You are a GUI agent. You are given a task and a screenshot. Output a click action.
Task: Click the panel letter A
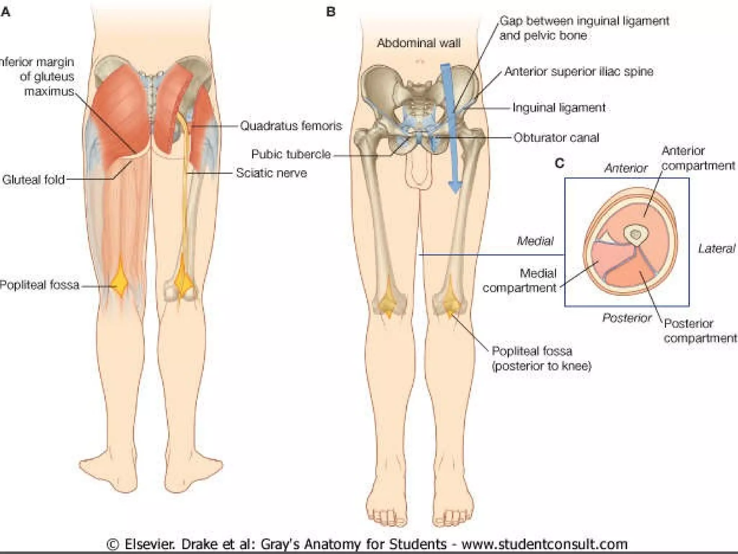5,13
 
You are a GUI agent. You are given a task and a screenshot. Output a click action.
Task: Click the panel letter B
330,12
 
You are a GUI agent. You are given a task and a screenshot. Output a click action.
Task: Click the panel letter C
559,163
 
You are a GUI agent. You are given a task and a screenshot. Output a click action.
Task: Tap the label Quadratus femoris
291,126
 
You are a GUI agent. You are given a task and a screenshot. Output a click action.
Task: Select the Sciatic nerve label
271,173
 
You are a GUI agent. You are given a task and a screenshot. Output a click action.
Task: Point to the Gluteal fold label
34,179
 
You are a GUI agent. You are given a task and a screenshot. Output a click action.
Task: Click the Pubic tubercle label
291,154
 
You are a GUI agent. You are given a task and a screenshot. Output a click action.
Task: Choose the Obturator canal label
556,137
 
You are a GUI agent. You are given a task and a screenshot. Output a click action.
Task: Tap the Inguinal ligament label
559,108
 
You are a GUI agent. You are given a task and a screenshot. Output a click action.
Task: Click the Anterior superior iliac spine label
579,71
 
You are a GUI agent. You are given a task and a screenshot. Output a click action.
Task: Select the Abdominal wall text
419,43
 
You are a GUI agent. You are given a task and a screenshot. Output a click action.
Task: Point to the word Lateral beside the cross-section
716,249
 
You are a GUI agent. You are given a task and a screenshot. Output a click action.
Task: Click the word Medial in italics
535,241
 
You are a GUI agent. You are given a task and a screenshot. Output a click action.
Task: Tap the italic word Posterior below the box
627,318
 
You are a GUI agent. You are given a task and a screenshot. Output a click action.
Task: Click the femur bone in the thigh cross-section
636,235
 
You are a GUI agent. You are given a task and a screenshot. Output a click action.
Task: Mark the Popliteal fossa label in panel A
40,285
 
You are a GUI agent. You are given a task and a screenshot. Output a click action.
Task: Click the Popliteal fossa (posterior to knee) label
541,359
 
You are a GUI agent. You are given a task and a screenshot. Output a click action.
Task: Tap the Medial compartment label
520,281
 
